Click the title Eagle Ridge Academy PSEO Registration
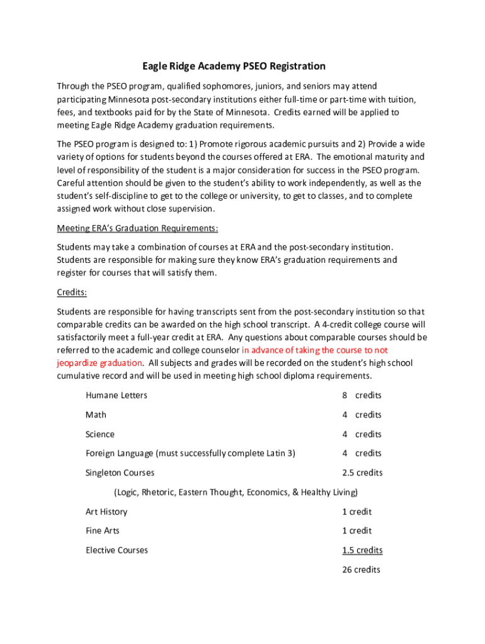[234, 66]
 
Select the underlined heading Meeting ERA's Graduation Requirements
[137, 228]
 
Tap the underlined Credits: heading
[72, 292]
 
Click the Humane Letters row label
[117, 396]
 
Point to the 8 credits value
[362, 396]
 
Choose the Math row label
[96, 415]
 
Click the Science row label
[100, 434]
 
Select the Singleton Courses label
[120, 473]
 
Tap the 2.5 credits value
[362, 473]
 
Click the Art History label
[106, 512]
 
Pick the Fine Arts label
[103, 531]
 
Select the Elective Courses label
[117, 550]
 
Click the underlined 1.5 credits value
[362, 550]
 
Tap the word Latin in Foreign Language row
[275, 453]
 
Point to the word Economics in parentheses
[268, 492]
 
